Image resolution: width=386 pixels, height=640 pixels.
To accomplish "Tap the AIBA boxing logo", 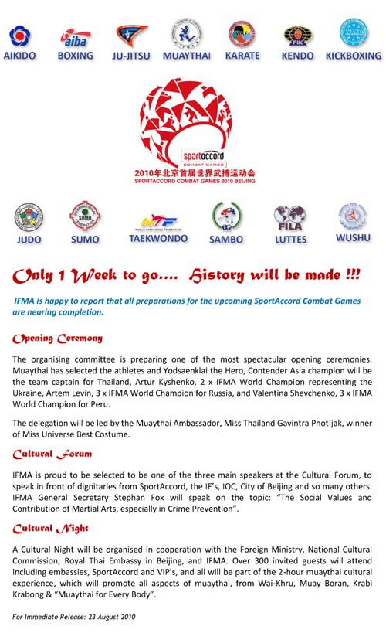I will tap(75, 37).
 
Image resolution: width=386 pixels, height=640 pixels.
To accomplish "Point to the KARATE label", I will tap(242, 56).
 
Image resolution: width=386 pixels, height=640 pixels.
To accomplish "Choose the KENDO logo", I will tap(298, 36).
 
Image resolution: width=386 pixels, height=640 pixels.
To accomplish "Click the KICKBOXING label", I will tap(353, 56).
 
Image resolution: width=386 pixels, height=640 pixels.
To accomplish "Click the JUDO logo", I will tap(29, 218).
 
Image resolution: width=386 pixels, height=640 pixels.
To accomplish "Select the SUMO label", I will tap(85, 240).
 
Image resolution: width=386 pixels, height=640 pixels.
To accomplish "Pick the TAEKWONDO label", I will tap(158, 239).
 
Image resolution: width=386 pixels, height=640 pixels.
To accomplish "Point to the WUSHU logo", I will tap(352, 217).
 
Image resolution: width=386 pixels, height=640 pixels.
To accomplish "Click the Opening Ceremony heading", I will tap(58, 339).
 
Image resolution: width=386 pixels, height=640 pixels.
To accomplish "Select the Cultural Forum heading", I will tap(52, 454).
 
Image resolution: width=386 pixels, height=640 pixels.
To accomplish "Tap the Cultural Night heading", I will tap(51, 528).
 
